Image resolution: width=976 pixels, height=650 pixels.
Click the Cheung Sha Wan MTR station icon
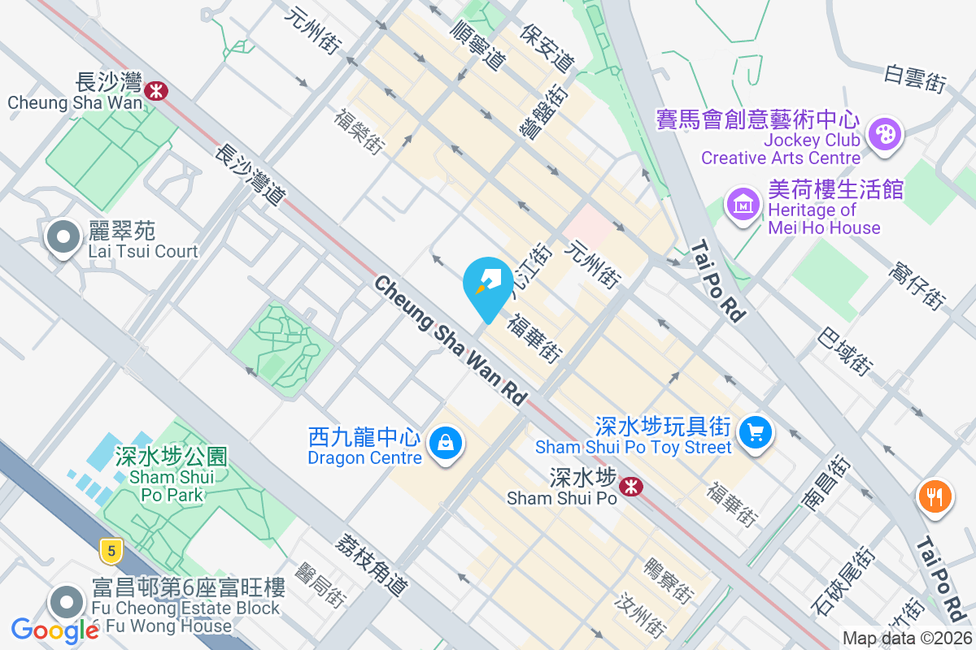(x=155, y=90)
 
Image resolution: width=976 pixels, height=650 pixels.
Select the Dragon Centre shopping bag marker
(x=446, y=444)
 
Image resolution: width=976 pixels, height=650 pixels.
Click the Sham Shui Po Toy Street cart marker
(x=756, y=431)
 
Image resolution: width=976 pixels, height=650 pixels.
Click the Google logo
(x=54, y=630)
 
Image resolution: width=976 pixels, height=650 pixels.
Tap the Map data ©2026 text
(x=906, y=639)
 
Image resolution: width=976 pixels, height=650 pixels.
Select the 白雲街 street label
(x=916, y=77)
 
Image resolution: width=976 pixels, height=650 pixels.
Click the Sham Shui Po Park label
(x=171, y=476)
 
